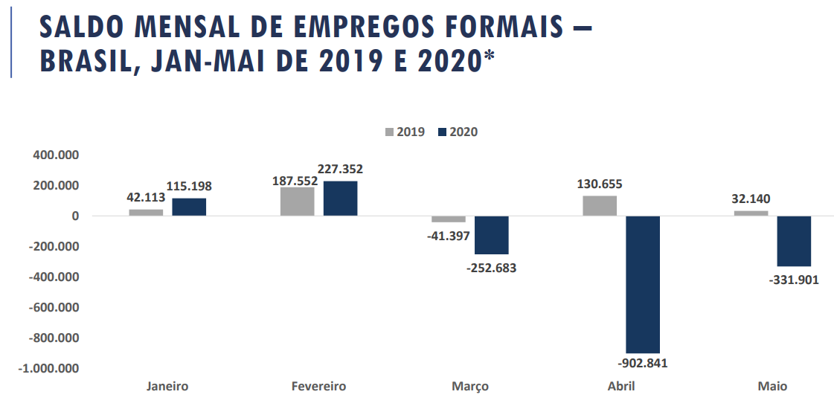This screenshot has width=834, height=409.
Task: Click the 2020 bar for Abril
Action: pos(643,284)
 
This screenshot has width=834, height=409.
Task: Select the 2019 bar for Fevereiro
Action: pos(298,202)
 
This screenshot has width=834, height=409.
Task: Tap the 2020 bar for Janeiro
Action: pos(189,207)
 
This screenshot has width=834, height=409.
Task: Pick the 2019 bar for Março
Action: pos(449,219)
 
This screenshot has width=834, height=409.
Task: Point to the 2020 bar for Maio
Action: pos(794,241)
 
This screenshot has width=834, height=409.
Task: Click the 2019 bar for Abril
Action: pos(600,205)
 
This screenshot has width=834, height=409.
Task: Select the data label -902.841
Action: pos(642,364)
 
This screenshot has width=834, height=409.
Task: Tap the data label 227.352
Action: pos(340,170)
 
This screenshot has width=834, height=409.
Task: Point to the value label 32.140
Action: pos(751,199)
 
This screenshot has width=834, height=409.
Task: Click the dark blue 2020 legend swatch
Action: pos(442,132)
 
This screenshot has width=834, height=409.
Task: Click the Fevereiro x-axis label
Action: pos(318,387)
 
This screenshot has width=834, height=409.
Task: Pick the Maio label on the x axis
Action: pos(772,387)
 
